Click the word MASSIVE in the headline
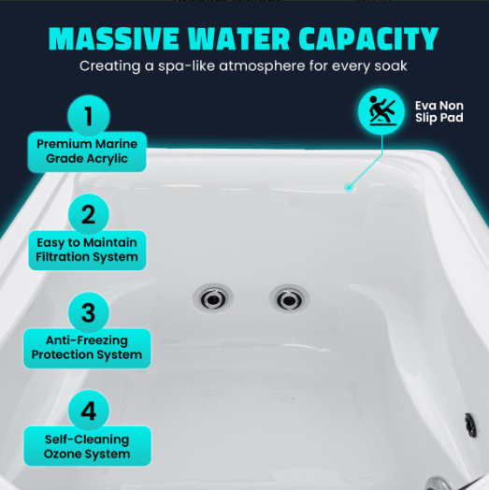(x=114, y=38)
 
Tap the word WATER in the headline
(x=239, y=38)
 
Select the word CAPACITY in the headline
(x=368, y=38)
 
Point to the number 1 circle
(x=89, y=116)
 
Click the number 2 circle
(x=89, y=214)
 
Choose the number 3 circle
(x=89, y=312)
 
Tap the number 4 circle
(x=89, y=411)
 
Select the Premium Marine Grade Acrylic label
(x=87, y=151)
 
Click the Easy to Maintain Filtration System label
(x=87, y=250)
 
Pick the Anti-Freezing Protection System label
(x=87, y=348)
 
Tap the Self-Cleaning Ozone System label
(x=87, y=446)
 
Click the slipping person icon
(x=381, y=111)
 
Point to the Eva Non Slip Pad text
(x=439, y=111)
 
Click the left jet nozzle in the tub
(x=213, y=298)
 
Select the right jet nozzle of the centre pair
(x=289, y=299)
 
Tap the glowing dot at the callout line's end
(x=349, y=188)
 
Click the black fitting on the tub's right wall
(x=470, y=425)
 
